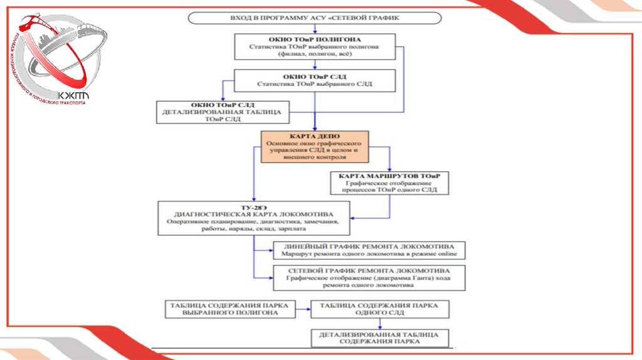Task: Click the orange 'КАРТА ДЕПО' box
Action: pos(315,147)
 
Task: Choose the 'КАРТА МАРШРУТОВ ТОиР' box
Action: pos(389,183)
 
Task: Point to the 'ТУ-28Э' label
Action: pos(253,206)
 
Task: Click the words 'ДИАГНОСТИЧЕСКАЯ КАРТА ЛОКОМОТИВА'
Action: pos(253,214)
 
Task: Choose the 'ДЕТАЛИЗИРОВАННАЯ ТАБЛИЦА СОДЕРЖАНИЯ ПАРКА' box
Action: pos(380,337)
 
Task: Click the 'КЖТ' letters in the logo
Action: pos(74,95)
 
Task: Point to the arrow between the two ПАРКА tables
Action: pos(303,309)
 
